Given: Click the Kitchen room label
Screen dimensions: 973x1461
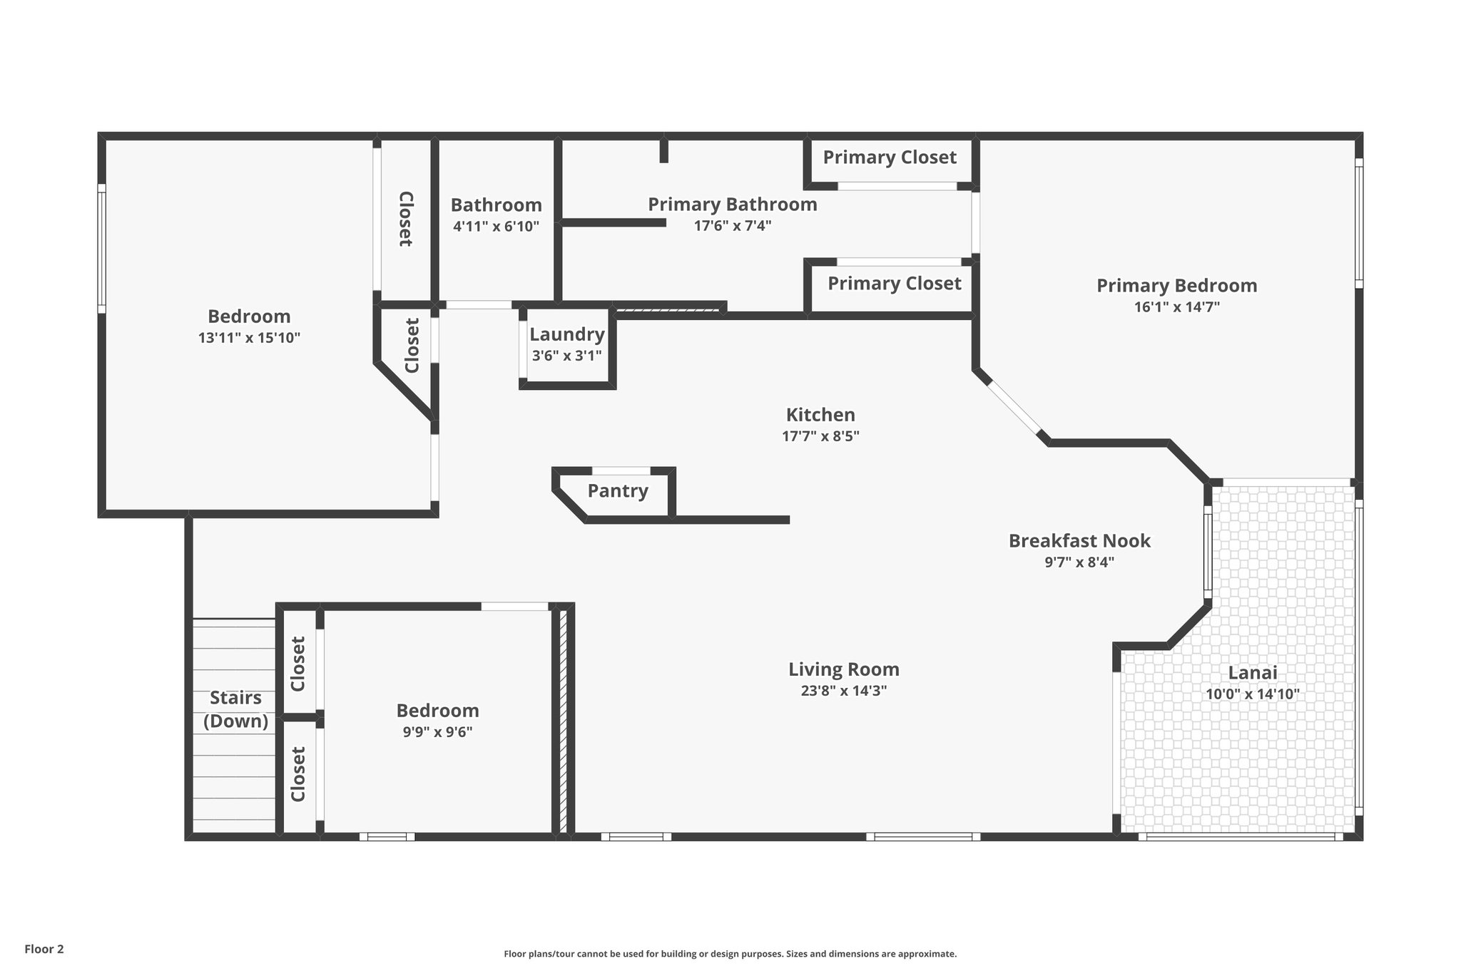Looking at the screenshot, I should click(820, 415).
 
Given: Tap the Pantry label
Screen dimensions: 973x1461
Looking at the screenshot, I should click(618, 491).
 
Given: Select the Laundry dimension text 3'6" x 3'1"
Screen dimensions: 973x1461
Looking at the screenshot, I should click(566, 356).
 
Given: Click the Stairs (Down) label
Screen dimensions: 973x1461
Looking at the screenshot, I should click(235, 709).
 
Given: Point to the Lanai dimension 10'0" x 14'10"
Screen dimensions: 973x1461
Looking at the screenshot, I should click(1253, 694).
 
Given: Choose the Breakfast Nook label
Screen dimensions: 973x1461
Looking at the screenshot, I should click(1079, 541).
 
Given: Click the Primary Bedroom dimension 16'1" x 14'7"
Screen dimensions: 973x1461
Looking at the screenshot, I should click(1176, 307).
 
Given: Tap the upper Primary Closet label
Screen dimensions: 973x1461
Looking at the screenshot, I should click(890, 158).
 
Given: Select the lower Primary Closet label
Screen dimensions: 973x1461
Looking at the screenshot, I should click(894, 284).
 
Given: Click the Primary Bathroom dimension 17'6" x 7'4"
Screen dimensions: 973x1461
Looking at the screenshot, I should click(733, 226).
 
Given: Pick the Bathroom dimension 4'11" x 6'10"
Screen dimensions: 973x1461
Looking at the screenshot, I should click(496, 227).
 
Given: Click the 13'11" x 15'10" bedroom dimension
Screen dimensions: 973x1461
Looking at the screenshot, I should click(249, 338).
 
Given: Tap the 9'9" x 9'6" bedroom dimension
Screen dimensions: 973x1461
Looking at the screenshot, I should click(437, 732).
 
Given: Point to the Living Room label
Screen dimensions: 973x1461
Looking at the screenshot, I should click(843, 669).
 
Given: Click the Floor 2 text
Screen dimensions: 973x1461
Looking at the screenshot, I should click(44, 949).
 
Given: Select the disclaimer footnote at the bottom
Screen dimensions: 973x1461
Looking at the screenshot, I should click(730, 954).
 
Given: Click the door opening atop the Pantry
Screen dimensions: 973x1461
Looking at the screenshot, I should click(621, 470).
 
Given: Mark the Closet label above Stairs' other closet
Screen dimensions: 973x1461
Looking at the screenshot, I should click(298, 663).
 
